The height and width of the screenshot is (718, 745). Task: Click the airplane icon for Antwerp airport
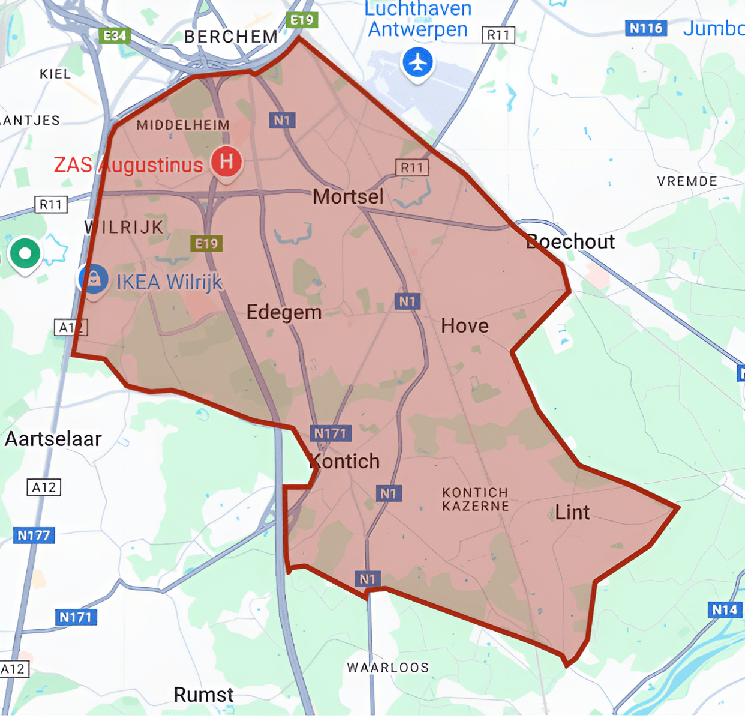[418, 62]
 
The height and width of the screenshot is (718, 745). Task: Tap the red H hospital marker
[226, 161]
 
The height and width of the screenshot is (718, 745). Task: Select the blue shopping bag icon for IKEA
[94, 279]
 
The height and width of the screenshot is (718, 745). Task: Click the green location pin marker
[25, 253]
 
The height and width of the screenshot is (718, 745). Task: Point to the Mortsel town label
[348, 196]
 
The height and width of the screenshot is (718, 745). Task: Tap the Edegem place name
[284, 312]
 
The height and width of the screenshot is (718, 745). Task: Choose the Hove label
[465, 326]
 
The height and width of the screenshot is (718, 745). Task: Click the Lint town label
[572, 513]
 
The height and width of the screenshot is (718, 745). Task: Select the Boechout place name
[570, 241]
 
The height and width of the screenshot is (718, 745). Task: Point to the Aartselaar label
[53, 439]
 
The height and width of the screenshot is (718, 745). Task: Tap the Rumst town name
[203, 695]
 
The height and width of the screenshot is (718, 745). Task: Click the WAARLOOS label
[388, 668]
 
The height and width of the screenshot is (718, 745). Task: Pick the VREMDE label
[687, 181]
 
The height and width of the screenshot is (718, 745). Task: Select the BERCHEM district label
[231, 37]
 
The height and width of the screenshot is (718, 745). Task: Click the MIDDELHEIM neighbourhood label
[183, 125]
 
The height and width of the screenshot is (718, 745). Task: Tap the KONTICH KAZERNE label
[475, 499]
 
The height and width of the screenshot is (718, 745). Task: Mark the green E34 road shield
[115, 36]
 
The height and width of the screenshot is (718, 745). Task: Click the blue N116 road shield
[645, 28]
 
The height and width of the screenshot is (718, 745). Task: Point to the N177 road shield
[34, 535]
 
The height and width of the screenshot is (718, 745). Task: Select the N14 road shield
[724, 610]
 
